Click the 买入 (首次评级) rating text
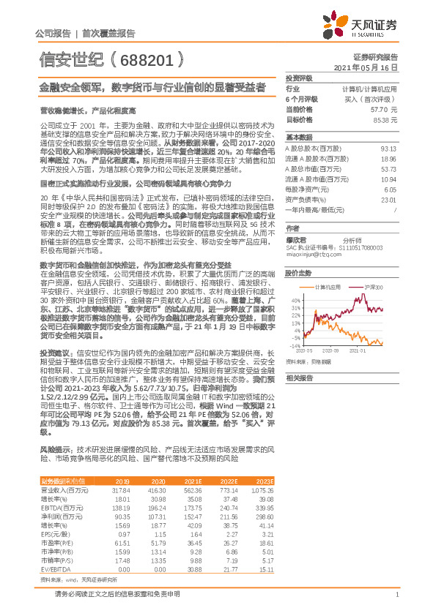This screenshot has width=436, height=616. [374, 99]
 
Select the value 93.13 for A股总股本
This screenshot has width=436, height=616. [389, 147]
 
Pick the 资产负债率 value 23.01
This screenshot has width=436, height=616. [389, 199]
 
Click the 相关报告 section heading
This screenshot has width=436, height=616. [300, 378]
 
